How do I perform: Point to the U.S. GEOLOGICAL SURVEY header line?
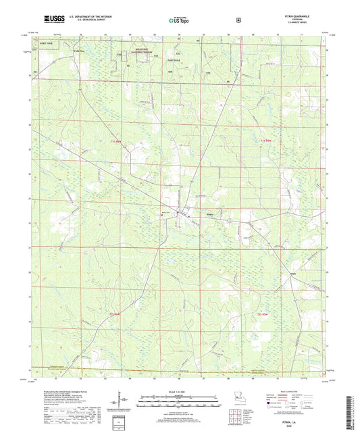pyautogui.click(x=74, y=22)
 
